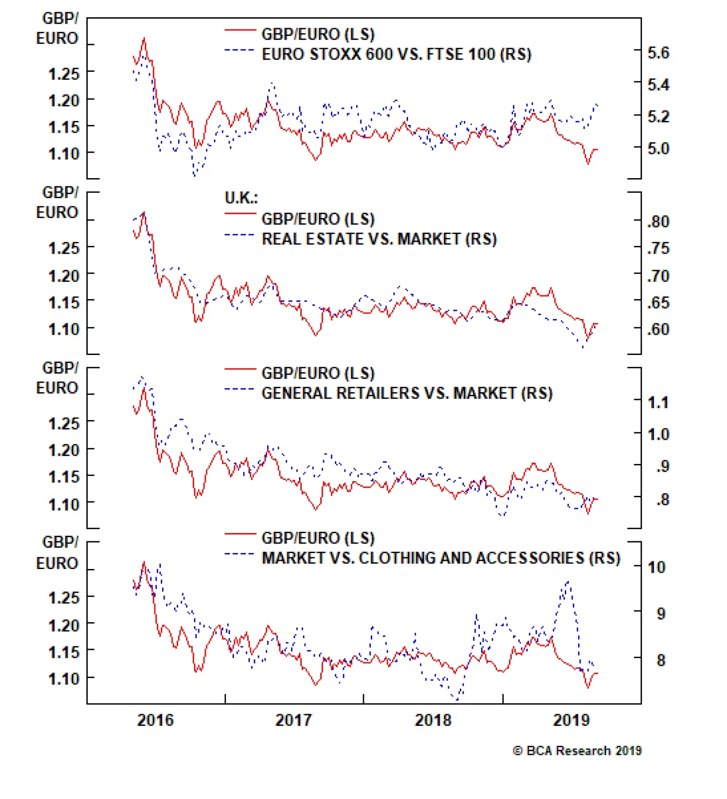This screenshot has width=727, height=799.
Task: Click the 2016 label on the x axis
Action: pos(155,720)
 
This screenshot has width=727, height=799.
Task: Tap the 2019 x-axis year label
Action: pos(571,720)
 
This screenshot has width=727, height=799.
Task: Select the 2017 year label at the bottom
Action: pos(294,720)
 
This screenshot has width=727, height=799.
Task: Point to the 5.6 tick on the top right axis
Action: pos(658,53)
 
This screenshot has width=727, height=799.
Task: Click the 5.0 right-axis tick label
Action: pos(658,149)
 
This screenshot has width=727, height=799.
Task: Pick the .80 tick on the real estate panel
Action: pos(658,222)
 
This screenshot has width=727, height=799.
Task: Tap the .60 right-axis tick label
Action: pos(658,329)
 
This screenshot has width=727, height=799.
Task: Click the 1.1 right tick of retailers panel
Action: pos(657,403)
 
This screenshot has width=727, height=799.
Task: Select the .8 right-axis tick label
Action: pos(662,499)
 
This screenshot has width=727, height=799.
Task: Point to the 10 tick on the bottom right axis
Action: pos(656,567)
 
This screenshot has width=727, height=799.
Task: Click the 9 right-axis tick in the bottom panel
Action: pos(661,614)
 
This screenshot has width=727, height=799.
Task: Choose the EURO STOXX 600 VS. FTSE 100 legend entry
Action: pos(396,55)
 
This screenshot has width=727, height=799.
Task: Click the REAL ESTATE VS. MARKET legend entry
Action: pos(379,239)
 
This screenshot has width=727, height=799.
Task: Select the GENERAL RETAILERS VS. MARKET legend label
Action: pos(407,393)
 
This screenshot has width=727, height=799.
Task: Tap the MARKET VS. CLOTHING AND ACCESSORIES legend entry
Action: pos(441,558)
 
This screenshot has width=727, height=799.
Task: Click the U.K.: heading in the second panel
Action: pos(241,198)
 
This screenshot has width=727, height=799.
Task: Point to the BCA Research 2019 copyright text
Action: pos(577,751)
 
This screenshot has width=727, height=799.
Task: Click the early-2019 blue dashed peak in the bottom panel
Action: pos(568,581)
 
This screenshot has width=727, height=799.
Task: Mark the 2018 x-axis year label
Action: pos(433,720)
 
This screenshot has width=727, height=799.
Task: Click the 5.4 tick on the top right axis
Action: pos(658,85)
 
